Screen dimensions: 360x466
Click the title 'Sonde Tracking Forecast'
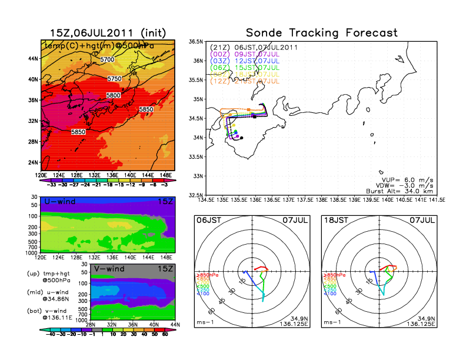click(x=321, y=32)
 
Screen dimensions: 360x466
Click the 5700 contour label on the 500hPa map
click(x=107, y=60)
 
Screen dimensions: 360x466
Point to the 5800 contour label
click(x=114, y=95)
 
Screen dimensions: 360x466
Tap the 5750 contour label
click(x=115, y=78)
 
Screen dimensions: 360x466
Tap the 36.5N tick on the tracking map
click(x=196, y=42)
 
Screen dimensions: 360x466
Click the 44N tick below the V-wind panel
click(x=172, y=325)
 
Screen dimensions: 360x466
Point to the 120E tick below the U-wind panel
click(x=41, y=256)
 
